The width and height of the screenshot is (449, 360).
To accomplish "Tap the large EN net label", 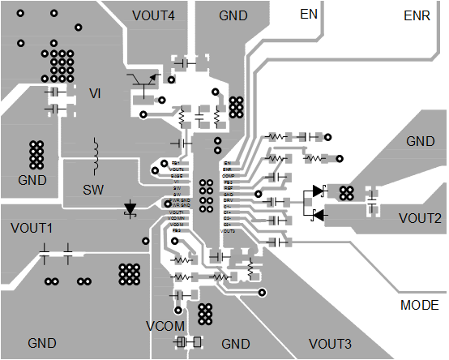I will (309, 15).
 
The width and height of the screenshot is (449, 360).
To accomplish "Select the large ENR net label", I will (417, 15).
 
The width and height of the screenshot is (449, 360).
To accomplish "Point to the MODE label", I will (421, 305).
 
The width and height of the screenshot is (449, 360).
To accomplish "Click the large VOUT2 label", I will (420, 218).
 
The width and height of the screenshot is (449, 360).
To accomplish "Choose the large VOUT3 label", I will (330, 343).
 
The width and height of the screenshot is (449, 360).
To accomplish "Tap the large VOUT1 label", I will (32, 228).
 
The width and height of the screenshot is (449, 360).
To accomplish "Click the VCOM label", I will (165, 326).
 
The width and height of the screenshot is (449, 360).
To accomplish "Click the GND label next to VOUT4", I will (234, 15).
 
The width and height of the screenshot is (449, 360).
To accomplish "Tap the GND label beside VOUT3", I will (236, 344).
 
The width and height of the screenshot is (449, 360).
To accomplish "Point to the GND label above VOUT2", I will (420, 141).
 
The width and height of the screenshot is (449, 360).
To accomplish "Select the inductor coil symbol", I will (96, 156).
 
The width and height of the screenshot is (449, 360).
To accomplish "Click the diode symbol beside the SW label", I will (130, 208).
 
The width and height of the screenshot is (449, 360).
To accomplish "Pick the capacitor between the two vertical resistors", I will (199, 119).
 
